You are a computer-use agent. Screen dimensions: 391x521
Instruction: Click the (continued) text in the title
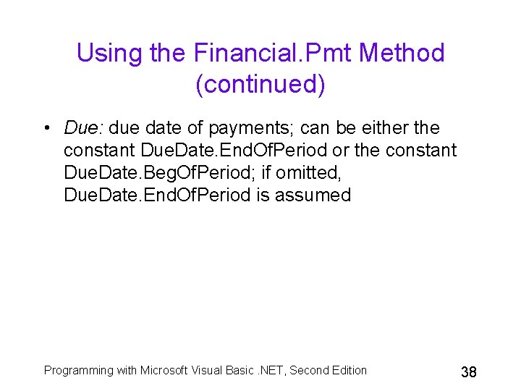pyautogui.click(x=260, y=85)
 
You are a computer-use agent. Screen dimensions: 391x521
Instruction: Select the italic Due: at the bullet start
pyautogui.click(x=85, y=128)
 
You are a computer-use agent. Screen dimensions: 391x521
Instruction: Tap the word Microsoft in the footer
pyautogui.click(x=164, y=370)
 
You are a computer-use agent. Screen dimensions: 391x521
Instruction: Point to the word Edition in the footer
pyautogui.click(x=349, y=370)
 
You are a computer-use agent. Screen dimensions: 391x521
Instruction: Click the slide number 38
pyautogui.click(x=469, y=372)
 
